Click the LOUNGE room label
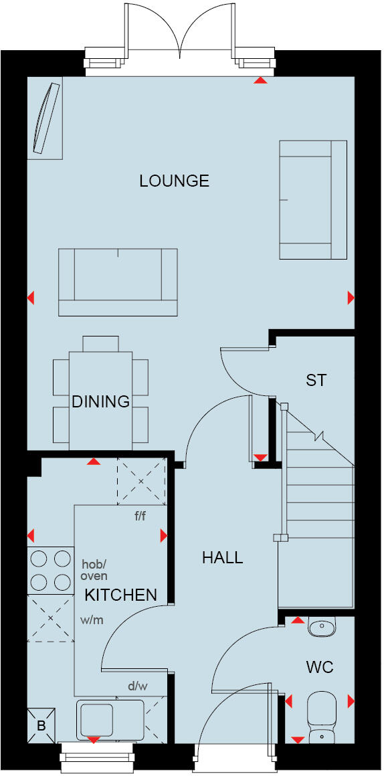pyautogui.click(x=174, y=181)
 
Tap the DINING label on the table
pyautogui.click(x=100, y=401)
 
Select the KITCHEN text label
pyautogui.click(x=120, y=595)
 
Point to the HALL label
pyautogui.click(x=222, y=557)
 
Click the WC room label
pyautogui.click(x=319, y=667)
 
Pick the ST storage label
pyautogui.click(x=316, y=381)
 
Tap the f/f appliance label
pyautogui.click(x=140, y=516)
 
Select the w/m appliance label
pyautogui.click(x=92, y=620)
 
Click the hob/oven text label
pyautogui.click(x=94, y=569)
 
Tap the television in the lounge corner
pyautogui.click(x=43, y=117)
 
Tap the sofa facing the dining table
pyautogui.click(x=118, y=281)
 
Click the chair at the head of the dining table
pyautogui.click(x=100, y=343)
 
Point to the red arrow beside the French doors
pyautogui.click(x=260, y=81)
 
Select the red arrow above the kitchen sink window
pyautogui.click(x=94, y=739)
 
